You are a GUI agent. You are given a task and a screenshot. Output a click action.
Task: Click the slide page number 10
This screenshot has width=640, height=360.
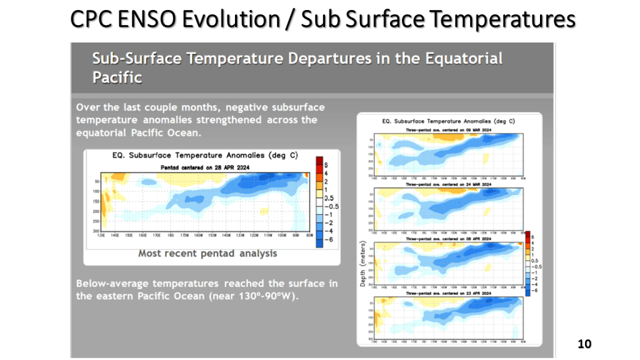pos(584,344)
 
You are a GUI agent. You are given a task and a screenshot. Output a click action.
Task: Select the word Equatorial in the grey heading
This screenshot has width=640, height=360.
pos(464,59)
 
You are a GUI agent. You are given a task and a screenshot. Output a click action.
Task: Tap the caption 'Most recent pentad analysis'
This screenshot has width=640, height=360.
pos(207,254)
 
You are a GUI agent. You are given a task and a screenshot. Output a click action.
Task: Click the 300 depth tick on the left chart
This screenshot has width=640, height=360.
pos(96,231)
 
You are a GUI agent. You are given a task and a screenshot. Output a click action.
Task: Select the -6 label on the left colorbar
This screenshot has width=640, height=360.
pos(329,239)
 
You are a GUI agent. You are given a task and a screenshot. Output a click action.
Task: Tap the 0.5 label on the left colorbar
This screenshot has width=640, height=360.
pos(329,197)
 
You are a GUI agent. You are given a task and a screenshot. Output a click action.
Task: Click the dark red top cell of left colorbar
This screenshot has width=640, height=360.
pos(319,161)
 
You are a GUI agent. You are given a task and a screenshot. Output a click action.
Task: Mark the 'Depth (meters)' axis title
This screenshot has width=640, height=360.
pos(362,264)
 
